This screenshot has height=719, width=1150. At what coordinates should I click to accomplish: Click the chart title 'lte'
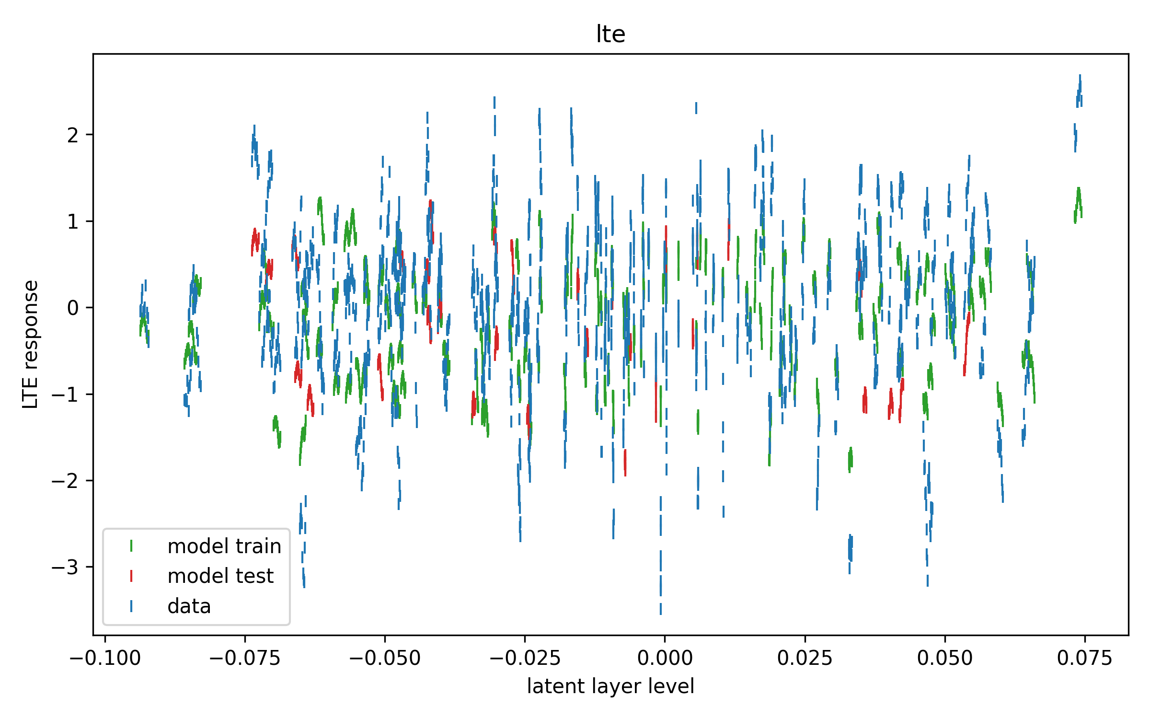point(610,34)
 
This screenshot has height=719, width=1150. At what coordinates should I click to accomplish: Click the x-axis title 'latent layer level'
point(610,686)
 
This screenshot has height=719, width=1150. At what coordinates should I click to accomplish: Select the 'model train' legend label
point(224,546)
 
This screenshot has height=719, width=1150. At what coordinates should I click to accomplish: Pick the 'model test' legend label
point(220,576)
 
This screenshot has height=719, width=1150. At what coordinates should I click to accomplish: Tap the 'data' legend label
point(189,606)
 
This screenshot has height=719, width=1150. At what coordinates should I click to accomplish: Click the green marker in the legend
point(131,546)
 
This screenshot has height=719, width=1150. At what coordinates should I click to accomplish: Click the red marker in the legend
point(131,576)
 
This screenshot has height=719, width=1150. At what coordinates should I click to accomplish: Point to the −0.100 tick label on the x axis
point(105,659)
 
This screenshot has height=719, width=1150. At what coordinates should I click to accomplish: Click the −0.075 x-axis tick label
point(245,659)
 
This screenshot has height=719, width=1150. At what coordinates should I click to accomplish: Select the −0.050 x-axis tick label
point(385,659)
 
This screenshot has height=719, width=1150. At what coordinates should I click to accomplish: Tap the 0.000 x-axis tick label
point(665,659)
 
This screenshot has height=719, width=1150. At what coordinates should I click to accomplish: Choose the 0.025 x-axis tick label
point(805,659)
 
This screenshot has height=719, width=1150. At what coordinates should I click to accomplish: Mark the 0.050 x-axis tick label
point(944,659)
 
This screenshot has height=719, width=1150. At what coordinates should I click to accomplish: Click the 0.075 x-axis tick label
point(1084,659)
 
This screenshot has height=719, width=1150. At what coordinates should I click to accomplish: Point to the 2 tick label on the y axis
point(73,136)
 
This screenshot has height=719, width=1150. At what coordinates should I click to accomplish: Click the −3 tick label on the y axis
point(65,568)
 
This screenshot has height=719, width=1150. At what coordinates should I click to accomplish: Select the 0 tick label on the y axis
point(73,308)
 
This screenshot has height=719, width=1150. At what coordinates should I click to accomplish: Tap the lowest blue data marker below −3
point(661,606)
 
